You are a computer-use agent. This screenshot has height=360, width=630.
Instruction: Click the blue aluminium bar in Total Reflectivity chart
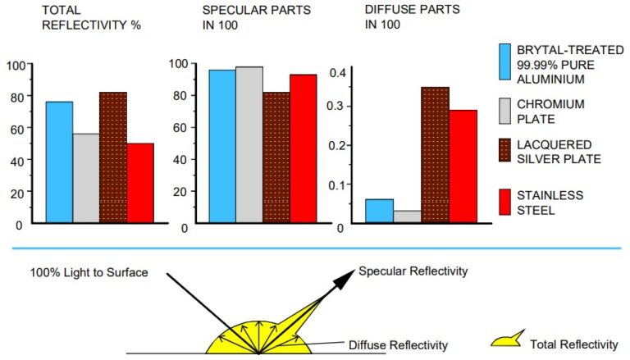tap(59, 162)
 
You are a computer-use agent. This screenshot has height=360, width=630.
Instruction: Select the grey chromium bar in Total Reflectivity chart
tap(86, 178)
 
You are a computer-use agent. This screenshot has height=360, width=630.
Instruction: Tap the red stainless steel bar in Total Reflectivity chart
tap(140, 183)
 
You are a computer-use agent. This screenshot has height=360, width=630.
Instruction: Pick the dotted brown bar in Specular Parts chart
tap(276, 157)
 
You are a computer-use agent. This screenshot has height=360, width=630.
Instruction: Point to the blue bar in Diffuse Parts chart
tap(379, 211)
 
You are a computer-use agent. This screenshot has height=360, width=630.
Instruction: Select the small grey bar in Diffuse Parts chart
tap(407, 216)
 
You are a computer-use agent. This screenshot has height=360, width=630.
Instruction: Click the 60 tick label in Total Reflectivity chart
tap(15, 129)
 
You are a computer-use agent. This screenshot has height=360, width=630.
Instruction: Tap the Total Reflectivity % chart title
tap(73, 17)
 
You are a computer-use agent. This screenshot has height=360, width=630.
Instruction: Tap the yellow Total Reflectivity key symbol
tap(508, 342)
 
